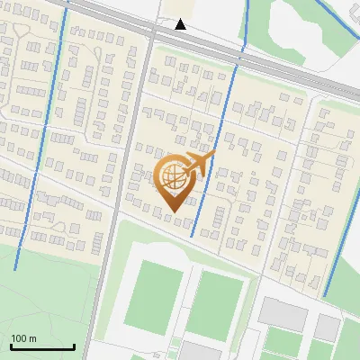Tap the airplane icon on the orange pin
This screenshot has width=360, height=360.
[x=198, y=164]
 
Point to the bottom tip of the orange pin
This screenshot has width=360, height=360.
[x=172, y=211]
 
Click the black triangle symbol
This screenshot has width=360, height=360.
[x=181, y=24]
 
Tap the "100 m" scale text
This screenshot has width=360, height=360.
[x=24, y=337]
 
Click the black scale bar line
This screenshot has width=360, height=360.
[x=42, y=346]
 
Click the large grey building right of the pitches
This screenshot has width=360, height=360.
[x=283, y=314]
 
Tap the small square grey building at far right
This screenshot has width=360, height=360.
[x=327, y=327]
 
